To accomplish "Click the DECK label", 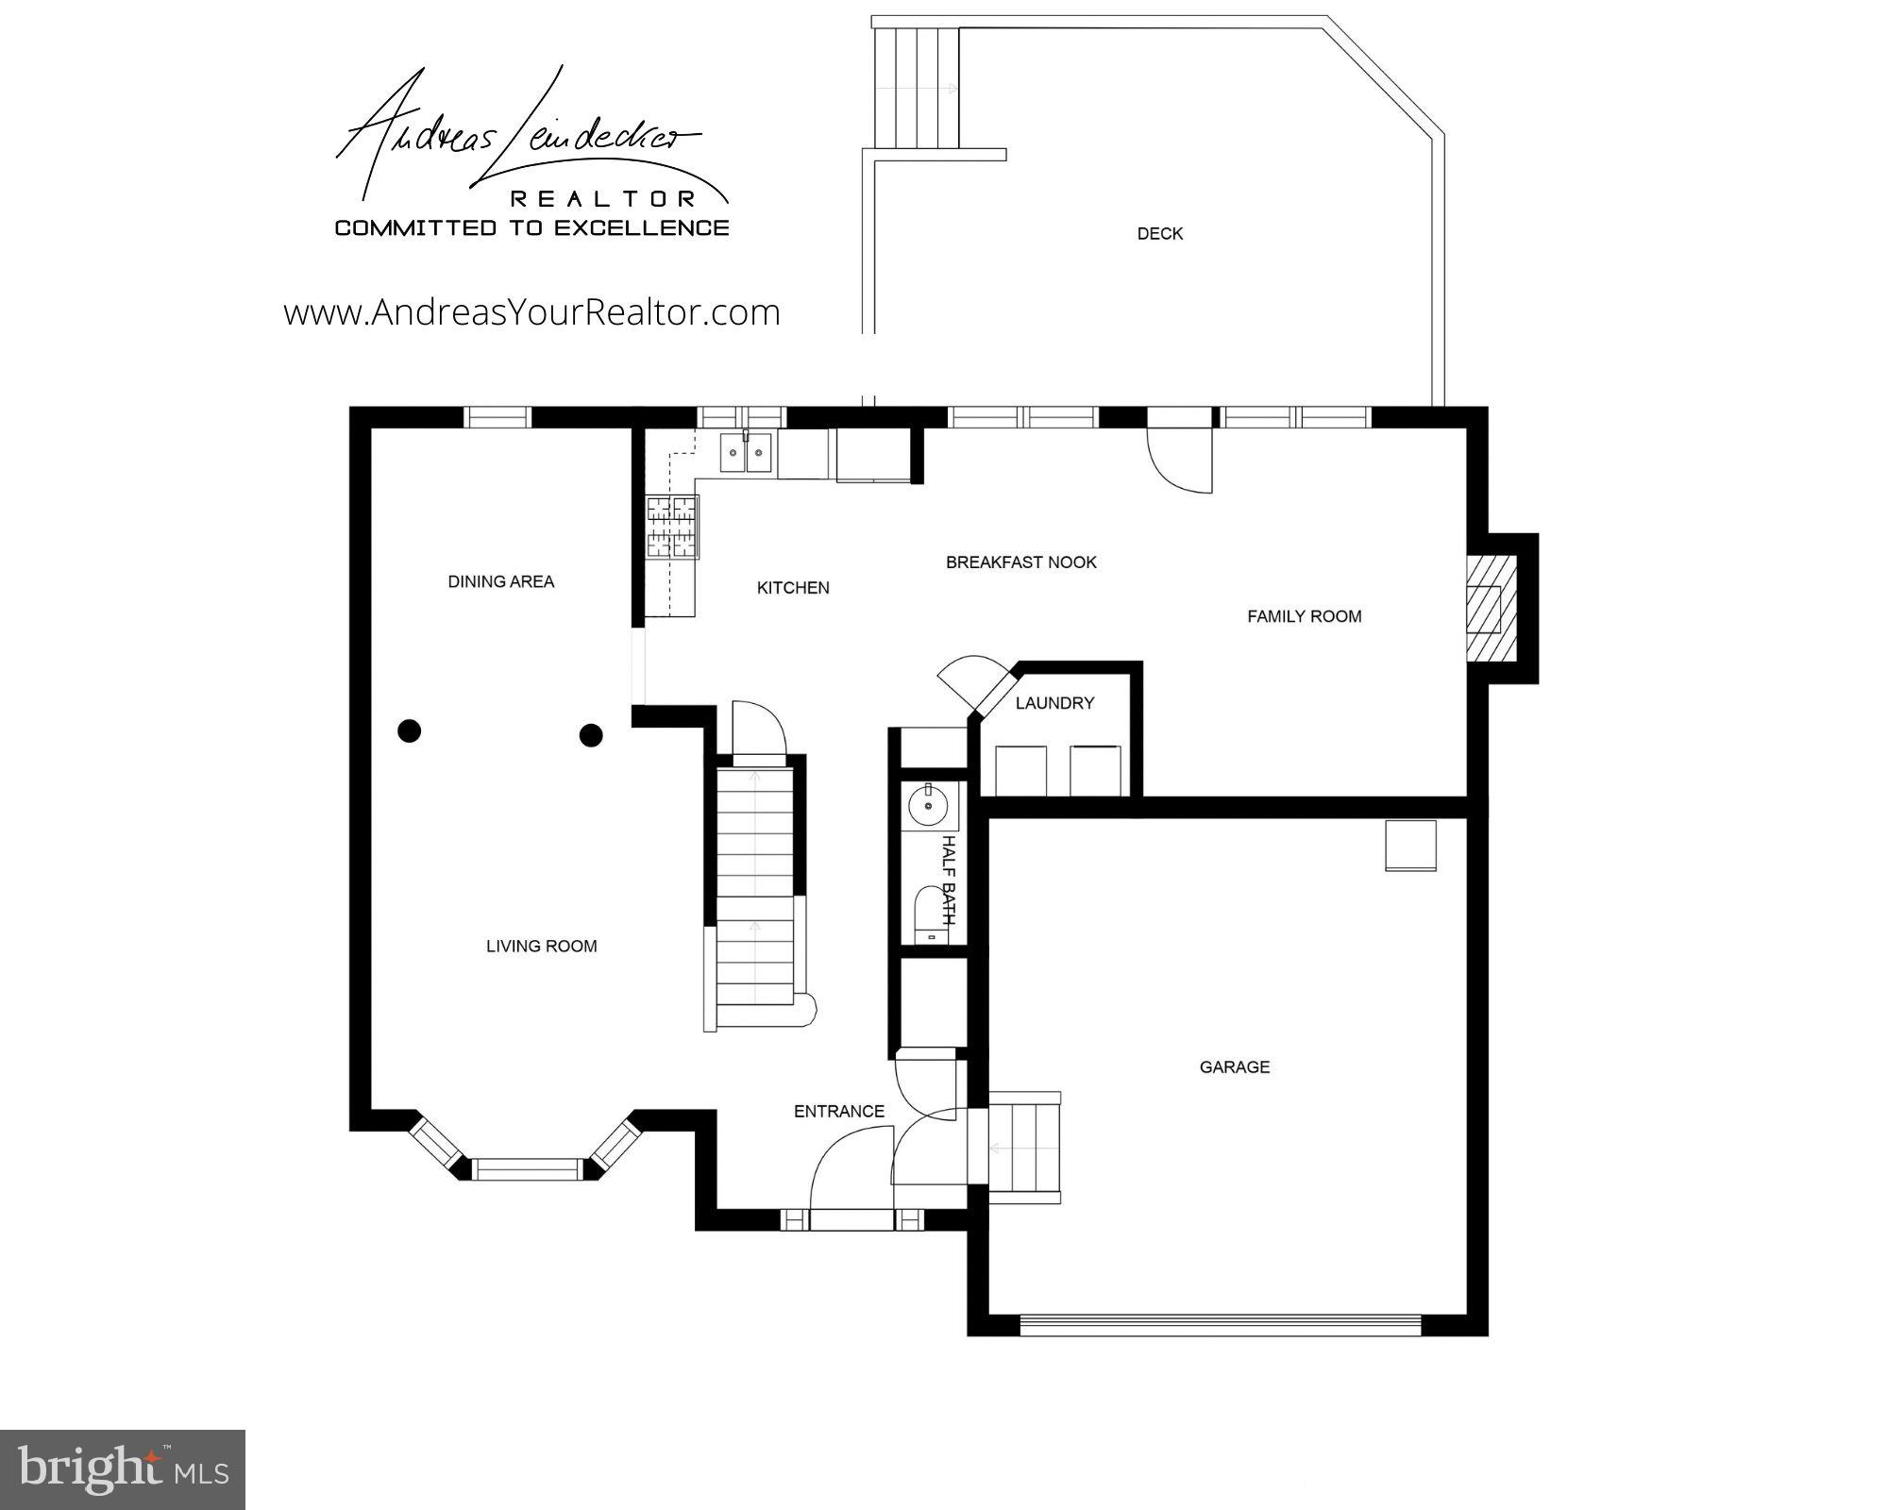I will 1159,234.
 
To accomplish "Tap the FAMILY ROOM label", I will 1304,616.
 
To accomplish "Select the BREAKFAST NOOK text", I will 1020,562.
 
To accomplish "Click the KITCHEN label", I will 793,588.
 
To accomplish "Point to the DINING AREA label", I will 500,581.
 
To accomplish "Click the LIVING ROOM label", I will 541,946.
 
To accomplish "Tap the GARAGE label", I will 1234,1067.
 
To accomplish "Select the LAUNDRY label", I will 1054,703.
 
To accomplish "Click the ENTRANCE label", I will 838,1111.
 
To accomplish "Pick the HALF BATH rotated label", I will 949,880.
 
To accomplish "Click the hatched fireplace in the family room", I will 1491,608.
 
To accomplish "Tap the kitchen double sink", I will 746,452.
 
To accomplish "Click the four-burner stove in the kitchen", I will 672,527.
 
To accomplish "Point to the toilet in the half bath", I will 931,914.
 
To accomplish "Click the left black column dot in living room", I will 409,730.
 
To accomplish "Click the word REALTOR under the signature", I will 603,198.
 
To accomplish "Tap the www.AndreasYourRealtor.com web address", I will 531,312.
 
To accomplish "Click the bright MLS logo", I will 123,1469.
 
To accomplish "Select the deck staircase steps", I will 916,87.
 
